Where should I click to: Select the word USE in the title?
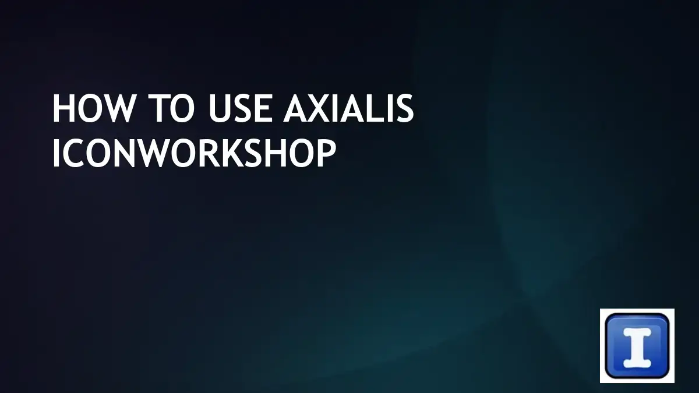[238, 109]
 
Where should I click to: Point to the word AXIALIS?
[348, 109]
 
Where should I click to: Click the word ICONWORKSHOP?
[194, 154]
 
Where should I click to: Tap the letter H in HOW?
[63, 109]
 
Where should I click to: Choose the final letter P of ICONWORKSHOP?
[326, 154]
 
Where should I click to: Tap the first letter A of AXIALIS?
[295, 109]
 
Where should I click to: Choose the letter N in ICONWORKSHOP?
[125, 154]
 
